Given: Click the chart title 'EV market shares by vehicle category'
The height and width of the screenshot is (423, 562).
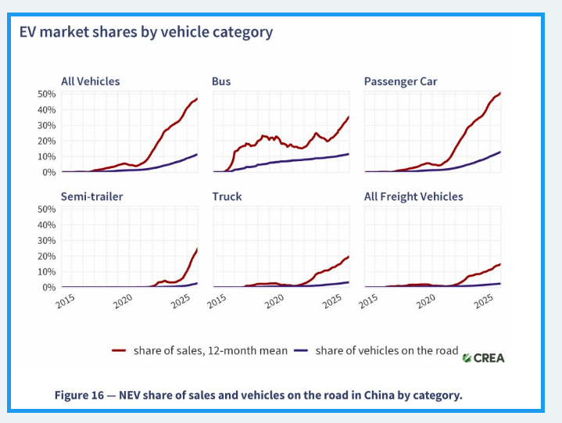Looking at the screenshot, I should click(x=145, y=32).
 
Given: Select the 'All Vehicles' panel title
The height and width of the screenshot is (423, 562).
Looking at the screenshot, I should click(x=91, y=81).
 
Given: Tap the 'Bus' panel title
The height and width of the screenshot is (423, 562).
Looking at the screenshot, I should click(x=221, y=81).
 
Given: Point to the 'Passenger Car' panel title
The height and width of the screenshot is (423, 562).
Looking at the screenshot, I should click(x=400, y=81).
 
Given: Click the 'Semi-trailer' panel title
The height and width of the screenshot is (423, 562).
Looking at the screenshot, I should click(x=91, y=197).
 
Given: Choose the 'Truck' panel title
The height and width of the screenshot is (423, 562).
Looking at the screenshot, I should click(x=227, y=197).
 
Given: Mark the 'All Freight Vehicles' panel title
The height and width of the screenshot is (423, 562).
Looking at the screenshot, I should click(x=413, y=197).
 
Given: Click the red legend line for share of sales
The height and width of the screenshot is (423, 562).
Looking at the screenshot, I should click(x=120, y=351).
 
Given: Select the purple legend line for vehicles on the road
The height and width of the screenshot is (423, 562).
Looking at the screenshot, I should click(x=302, y=351).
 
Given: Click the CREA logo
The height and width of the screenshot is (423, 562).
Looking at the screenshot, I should click(x=483, y=358).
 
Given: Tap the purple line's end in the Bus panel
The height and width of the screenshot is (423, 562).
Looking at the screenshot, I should click(x=349, y=154).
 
